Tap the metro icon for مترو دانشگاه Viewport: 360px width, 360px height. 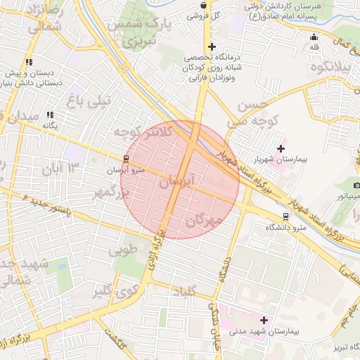(x=285, y=217)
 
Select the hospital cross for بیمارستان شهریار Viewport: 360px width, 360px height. (x=281, y=148)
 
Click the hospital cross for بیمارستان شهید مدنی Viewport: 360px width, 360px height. (x=264, y=320)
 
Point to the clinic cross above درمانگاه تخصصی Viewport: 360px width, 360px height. (x=212, y=47)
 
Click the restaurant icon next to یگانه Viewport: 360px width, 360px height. (x=50, y=115)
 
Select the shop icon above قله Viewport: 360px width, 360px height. (x=314, y=37)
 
